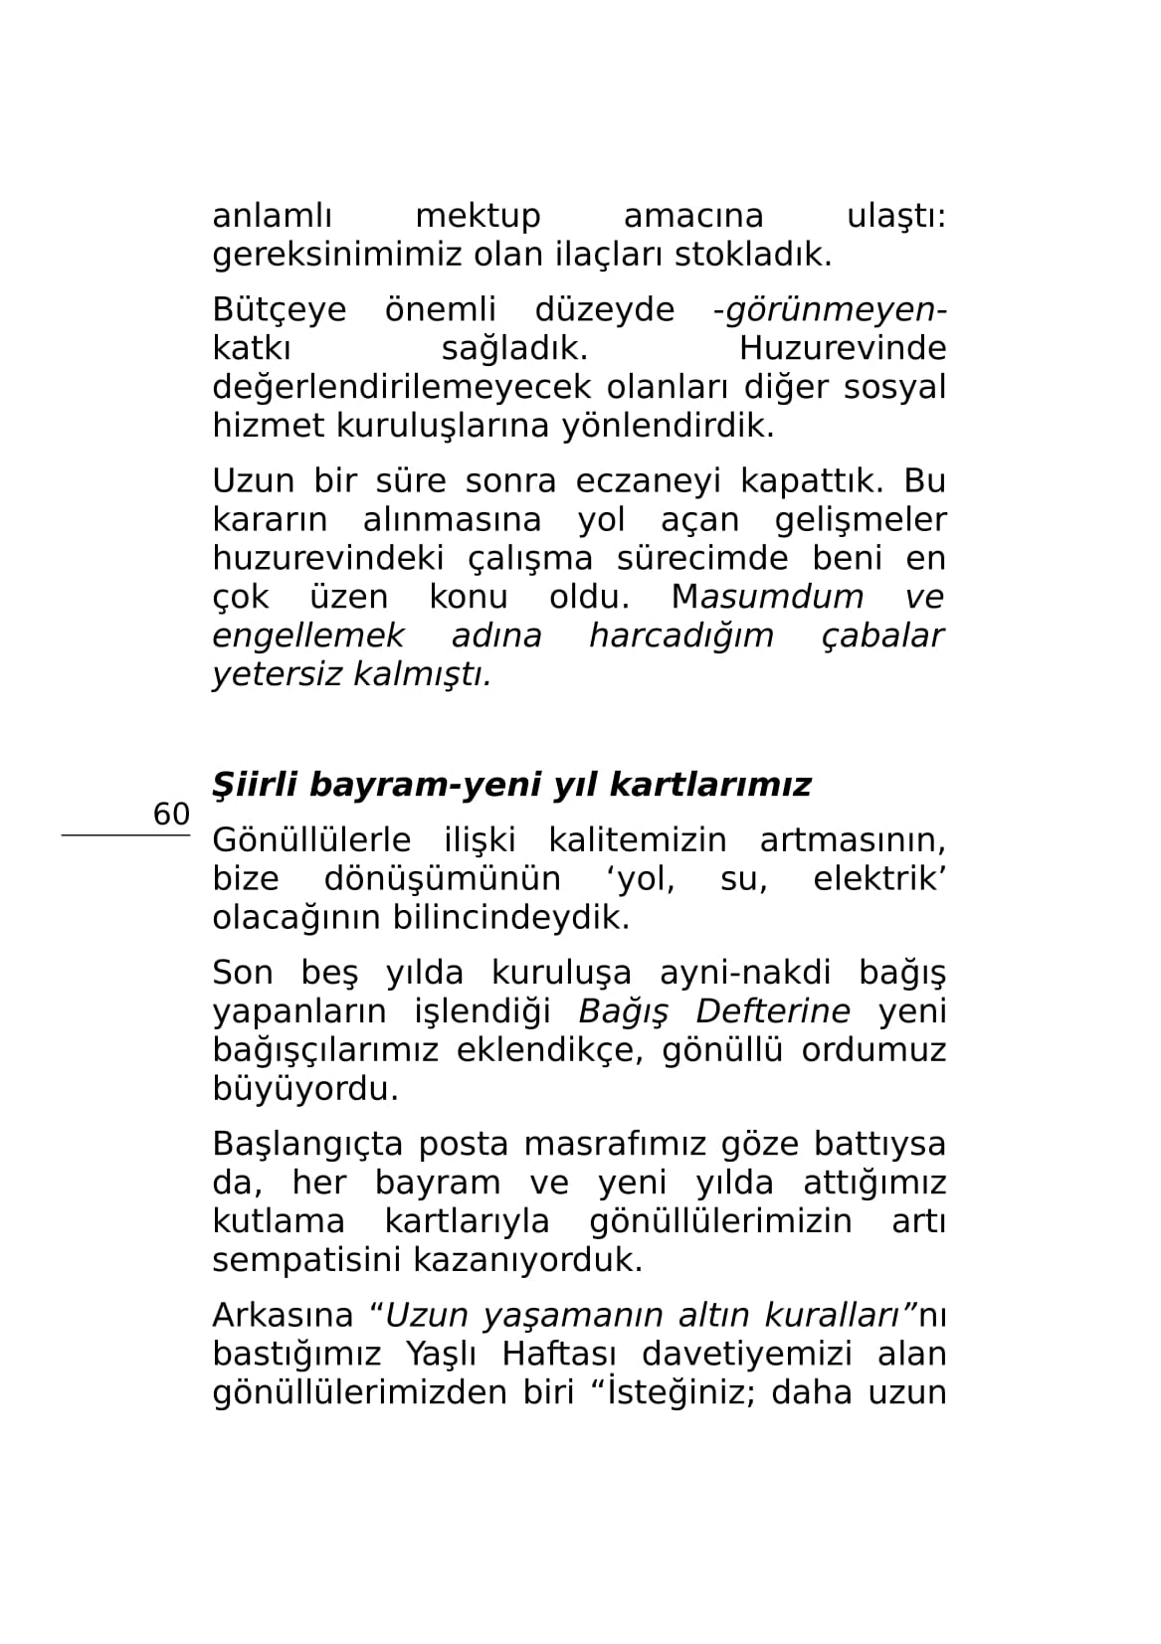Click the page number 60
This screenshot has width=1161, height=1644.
(171, 815)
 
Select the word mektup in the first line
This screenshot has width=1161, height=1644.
(478, 216)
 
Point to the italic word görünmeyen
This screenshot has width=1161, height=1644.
(832, 310)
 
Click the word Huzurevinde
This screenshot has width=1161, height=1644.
(843, 349)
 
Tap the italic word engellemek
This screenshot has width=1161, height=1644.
(308, 636)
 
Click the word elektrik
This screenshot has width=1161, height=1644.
(877, 879)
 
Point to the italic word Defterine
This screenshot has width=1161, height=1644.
(773, 1011)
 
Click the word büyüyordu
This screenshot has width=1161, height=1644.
(305, 1089)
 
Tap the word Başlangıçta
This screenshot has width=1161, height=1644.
(307, 1145)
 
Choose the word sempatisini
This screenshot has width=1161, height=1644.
(305, 1260)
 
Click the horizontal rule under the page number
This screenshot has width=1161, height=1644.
(125, 836)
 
